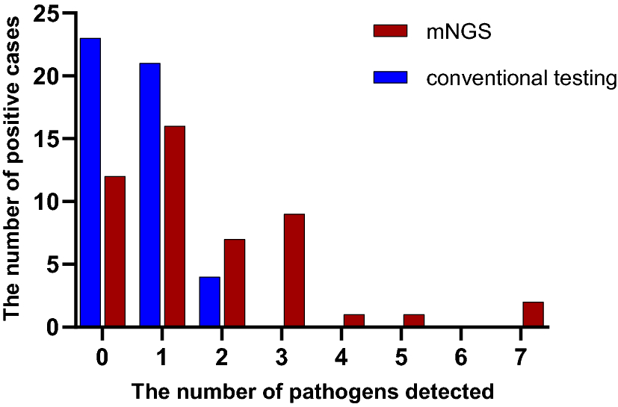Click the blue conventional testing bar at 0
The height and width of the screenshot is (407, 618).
click(x=90, y=182)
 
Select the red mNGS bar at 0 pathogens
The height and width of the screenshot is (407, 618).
click(x=115, y=252)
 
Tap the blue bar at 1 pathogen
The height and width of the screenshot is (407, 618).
click(x=149, y=195)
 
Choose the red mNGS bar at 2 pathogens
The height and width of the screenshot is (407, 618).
click(x=234, y=283)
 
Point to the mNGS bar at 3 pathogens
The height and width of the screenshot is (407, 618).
click(x=294, y=270)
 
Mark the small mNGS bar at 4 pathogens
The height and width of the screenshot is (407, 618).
click(x=353, y=320)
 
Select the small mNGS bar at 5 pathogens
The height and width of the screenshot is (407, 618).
click(x=413, y=320)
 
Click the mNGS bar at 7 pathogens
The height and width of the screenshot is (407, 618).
click(x=533, y=314)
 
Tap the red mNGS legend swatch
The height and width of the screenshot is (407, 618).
click(x=390, y=31)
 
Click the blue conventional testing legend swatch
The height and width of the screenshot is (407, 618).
click(x=390, y=78)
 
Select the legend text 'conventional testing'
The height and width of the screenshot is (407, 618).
click(x=515, y=78)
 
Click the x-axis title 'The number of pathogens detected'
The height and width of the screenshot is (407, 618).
click(x=312, y=391)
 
